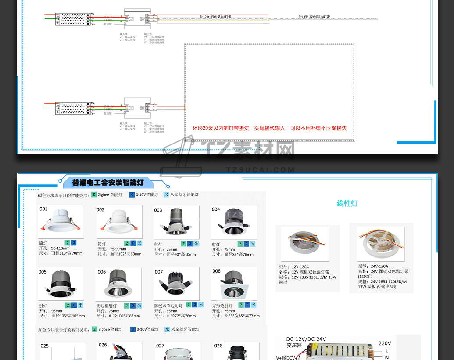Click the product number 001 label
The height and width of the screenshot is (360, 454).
coord(43,209)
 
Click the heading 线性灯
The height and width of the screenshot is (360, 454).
coord(347,203)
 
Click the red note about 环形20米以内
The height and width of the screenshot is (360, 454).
coord(269,128)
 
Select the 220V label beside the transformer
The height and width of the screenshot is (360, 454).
coord(384,343)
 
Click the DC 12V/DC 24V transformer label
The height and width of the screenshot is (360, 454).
coord(306,342)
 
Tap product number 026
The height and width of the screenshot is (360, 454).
coord(103,345)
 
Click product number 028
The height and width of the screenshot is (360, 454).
coord(218,346)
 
